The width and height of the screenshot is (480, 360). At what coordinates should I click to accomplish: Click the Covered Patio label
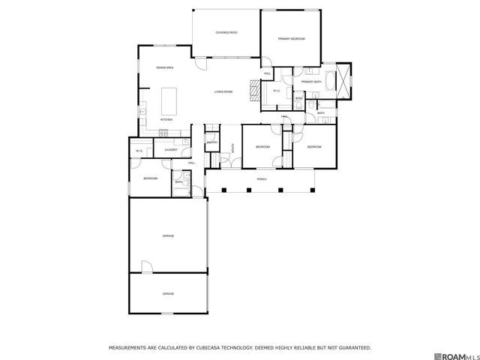point(226,33)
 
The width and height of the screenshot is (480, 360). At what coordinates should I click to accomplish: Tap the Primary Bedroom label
point(291,38)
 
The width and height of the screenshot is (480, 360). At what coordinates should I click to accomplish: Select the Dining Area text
point(165,68)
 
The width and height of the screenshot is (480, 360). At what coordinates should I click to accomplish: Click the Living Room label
point(223,91)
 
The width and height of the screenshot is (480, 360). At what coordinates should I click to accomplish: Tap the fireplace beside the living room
point(254,92)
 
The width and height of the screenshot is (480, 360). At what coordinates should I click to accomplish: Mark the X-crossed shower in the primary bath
point(344,80)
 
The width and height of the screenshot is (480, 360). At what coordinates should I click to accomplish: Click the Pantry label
point(212,142)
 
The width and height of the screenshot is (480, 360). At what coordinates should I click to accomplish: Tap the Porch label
point(262,179)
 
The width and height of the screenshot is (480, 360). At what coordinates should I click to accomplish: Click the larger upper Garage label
point(168,236)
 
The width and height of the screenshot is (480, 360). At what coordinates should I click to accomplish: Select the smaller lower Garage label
point(168,293)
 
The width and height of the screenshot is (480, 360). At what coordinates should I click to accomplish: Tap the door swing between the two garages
point(146,266)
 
